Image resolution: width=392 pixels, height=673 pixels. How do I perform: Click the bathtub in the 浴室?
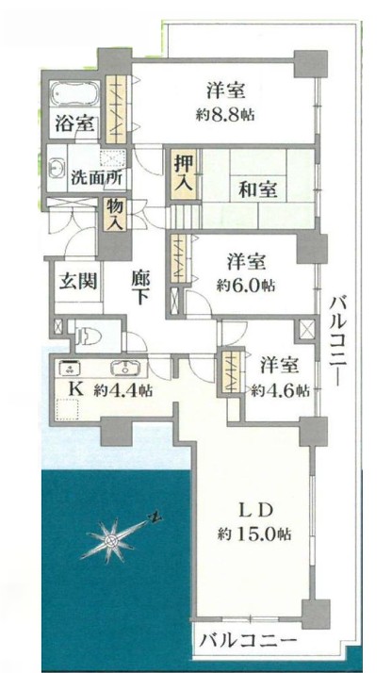(x=73, y=96)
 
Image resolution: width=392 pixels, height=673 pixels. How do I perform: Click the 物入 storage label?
(x=115, y=214)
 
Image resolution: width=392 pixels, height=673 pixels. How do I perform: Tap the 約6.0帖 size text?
(x=245, y=284)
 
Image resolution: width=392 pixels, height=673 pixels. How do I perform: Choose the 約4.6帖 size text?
(x=280, y=389)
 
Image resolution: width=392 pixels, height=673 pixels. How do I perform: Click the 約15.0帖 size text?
(x=254, y=533)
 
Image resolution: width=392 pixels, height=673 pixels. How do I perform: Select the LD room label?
(x=253, y=510)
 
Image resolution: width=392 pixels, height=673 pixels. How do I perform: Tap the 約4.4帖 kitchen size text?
(x=122, y=389)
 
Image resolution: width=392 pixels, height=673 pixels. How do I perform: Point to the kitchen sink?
(x=122, y=369)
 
